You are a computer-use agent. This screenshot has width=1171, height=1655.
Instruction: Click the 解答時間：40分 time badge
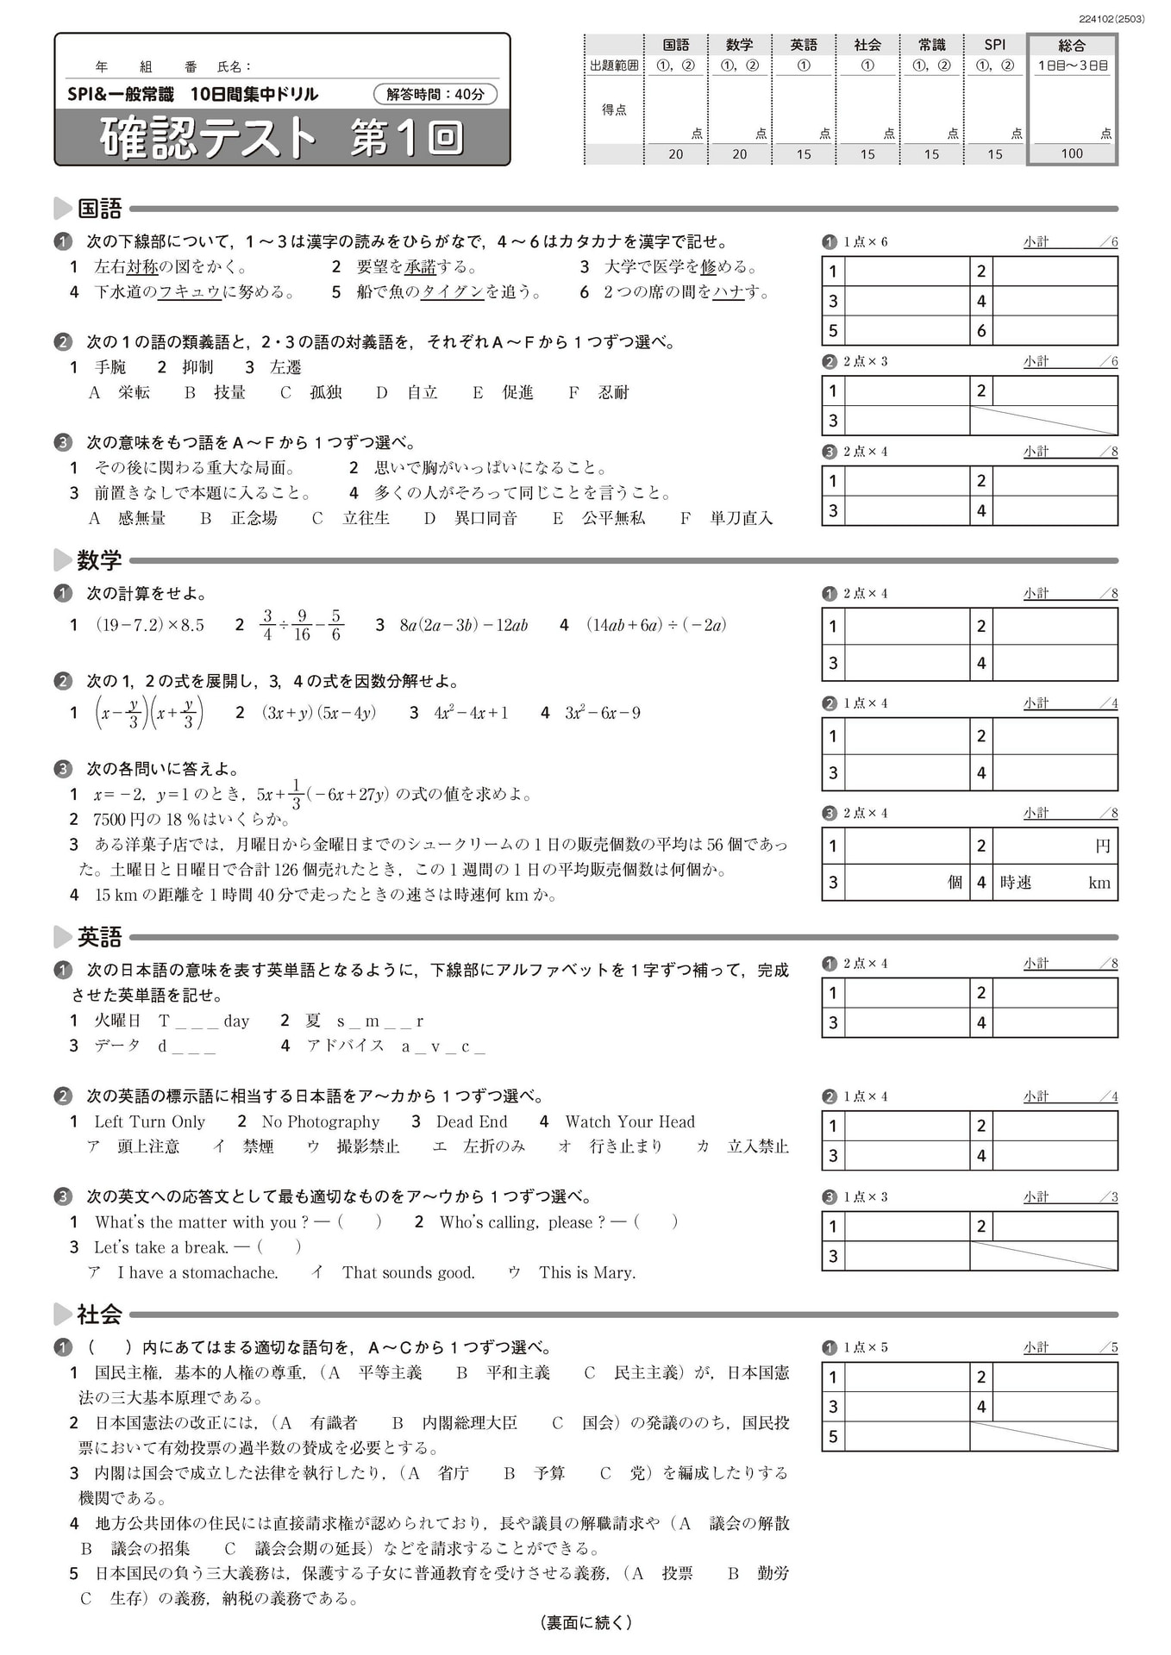pos(435,94)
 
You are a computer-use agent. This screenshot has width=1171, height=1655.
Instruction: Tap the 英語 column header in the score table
pos(804,45)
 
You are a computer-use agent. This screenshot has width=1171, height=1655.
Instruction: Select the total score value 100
pos(1072,153)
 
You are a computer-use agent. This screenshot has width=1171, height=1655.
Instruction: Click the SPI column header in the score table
pos(995,45)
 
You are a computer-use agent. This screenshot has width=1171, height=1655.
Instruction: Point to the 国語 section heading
pos(99,208)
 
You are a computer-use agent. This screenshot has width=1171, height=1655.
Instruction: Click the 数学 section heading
pos(99,560)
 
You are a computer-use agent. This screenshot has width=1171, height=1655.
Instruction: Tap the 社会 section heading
pos(99,1314)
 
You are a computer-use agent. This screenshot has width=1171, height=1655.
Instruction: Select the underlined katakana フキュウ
pos(190,292)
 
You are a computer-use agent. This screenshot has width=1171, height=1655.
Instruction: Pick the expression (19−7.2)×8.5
pos(150,625)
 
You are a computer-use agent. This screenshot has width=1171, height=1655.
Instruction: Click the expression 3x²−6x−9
pos(602,713)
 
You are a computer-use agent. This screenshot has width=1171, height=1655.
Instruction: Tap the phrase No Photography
pos(320,1121)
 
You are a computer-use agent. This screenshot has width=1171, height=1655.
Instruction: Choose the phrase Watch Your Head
pos(629,1121)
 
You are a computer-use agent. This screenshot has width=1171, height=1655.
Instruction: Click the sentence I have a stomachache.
pos(197,1272)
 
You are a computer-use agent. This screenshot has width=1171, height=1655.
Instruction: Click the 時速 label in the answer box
pos(1016,882)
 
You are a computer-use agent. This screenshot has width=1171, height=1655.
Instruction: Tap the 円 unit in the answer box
pos(1102,846)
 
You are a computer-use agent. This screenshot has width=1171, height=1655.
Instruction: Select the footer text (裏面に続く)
pos(585,1622)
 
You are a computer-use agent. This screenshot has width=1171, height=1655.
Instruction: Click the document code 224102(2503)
pos(1112,18)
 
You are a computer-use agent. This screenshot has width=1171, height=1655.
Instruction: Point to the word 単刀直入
pos(741,518)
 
